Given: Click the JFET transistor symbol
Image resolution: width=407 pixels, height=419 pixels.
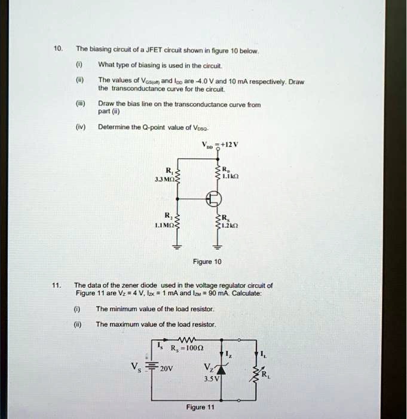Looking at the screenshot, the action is [x=214, y=199].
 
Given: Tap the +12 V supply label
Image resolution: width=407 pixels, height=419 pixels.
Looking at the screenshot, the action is [x=230, y=145].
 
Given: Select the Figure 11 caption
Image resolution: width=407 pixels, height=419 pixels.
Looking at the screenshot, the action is [x=200, y=407].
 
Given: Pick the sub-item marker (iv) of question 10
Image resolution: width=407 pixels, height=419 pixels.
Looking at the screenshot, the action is [x=81, y=127].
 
